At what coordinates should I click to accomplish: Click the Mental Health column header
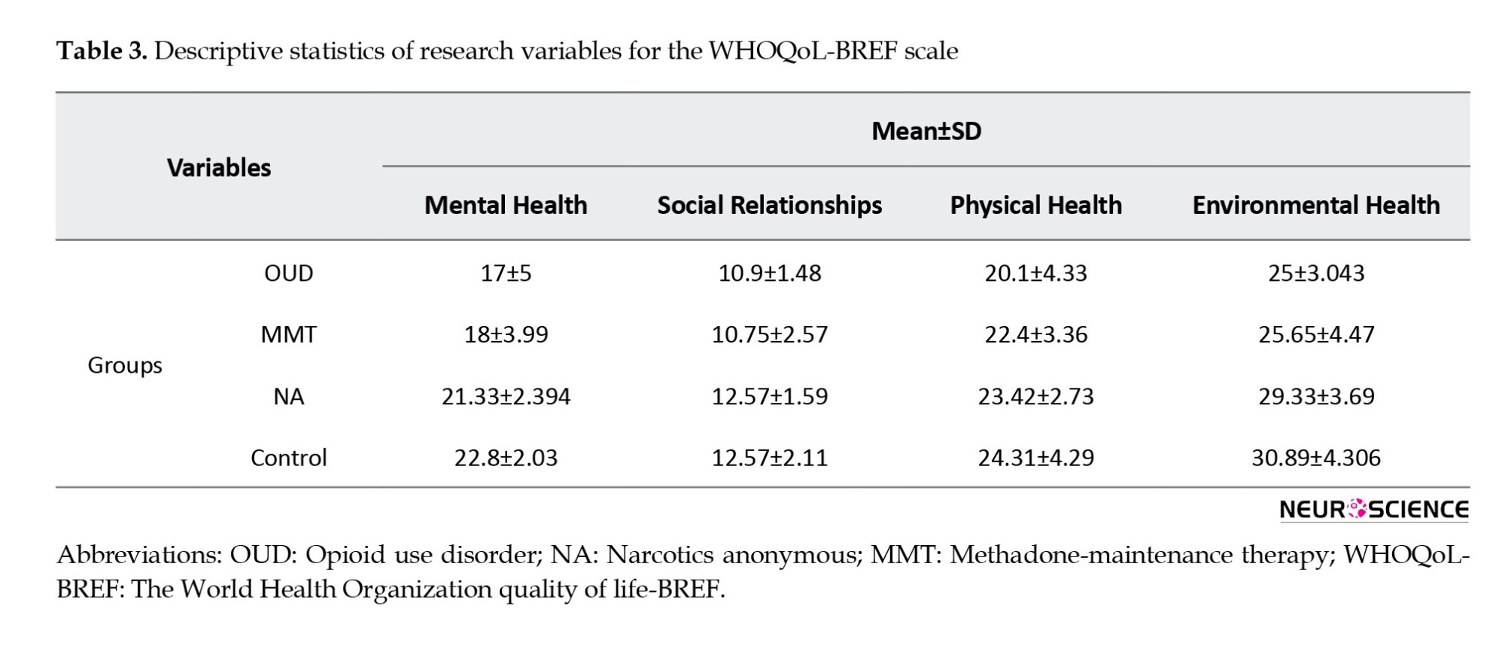tap(506, 205)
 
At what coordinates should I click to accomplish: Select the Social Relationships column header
tap(770, 205)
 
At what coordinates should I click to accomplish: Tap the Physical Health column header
tap(1036, 205)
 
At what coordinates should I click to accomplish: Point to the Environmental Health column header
tap(1316, 205)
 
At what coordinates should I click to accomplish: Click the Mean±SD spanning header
tap(926, 131)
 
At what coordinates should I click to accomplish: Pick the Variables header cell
tap(219, 167)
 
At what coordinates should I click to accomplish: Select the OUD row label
tap(289, 273)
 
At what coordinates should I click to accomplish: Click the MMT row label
tap(289, 334)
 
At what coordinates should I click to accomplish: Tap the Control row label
tap(289, 458)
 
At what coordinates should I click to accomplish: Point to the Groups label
tap(125, 365)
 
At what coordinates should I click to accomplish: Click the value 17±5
tap(506, 273)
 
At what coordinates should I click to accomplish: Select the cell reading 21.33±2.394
tap(506, 396)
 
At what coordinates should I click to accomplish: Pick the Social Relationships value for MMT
tap(770, 334)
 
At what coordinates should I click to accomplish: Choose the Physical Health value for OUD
tap(1036, 273)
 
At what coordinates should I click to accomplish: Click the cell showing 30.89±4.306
tap(1316, 458)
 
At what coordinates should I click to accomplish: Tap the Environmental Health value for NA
tap(1316, 396)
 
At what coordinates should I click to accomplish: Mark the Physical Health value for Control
tap(1036, 458)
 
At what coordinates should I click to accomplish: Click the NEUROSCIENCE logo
tap(1374, 510)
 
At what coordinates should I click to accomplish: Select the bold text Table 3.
tap(102, 50)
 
